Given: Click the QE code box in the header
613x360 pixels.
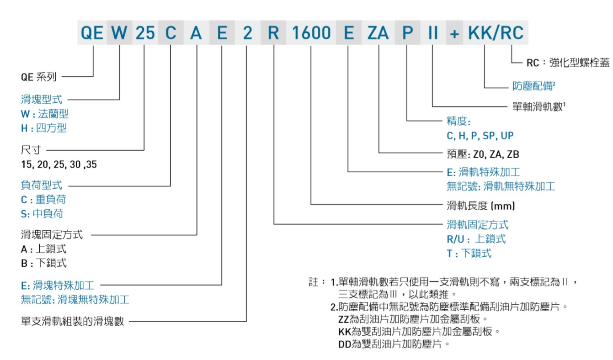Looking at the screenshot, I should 92,33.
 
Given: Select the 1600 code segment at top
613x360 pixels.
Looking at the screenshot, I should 311,33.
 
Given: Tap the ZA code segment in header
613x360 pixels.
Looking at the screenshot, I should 377,33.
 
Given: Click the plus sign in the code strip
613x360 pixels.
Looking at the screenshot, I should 454,33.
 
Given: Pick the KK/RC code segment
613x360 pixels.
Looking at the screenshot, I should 496,33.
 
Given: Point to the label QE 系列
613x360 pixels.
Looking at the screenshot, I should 38,77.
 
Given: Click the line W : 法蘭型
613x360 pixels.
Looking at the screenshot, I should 44,114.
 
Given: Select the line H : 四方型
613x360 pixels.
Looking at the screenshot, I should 43,128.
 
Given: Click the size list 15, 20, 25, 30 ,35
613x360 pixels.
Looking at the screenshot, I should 59,164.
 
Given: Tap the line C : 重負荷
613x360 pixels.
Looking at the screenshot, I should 43,200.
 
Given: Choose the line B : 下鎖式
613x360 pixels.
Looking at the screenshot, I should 43,263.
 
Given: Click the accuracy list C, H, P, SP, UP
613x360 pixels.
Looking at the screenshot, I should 480,136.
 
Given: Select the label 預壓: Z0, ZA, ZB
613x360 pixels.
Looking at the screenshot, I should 483,154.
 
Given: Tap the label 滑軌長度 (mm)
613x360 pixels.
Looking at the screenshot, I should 480,206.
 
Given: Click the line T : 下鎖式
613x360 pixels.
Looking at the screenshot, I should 469,253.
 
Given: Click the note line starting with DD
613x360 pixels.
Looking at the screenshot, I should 394,344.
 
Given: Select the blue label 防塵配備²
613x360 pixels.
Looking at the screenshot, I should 533,86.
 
